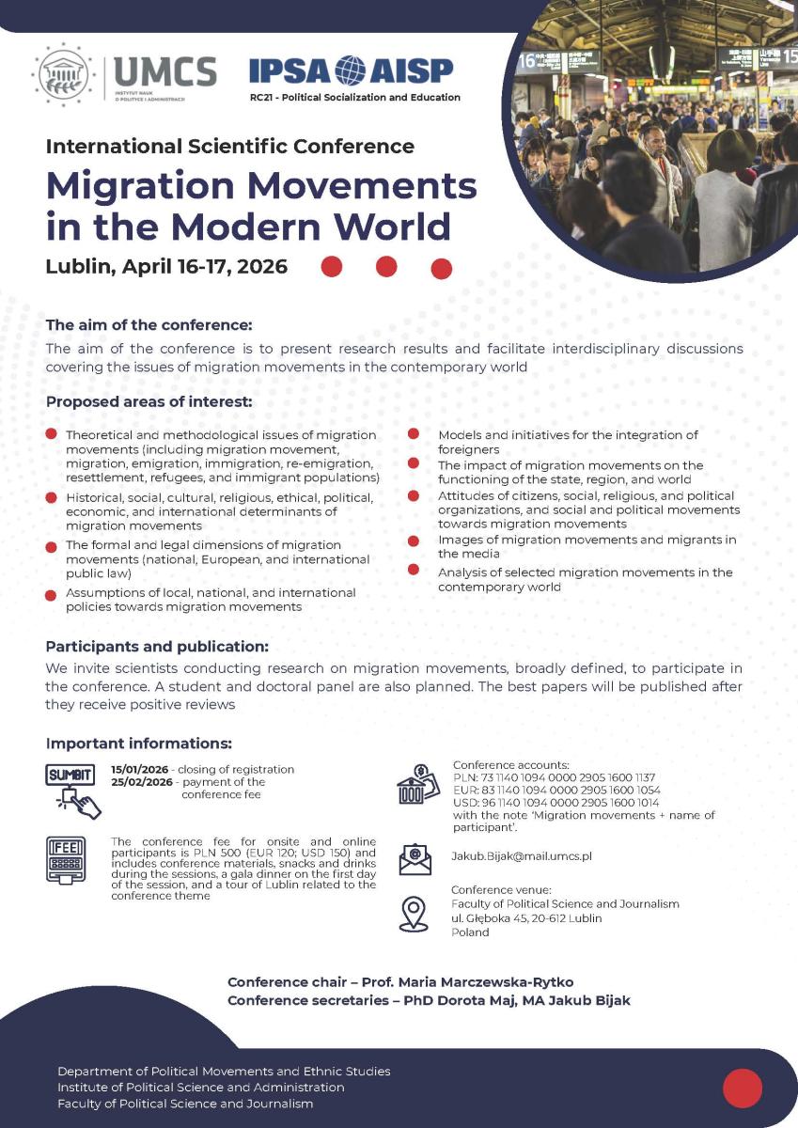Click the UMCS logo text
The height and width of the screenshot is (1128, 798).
pos(164,71)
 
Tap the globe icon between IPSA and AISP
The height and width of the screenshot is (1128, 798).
pos(351,70)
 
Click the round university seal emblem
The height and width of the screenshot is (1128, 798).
pos(63,74)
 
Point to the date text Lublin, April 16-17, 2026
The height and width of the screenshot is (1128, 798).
pos(166,266)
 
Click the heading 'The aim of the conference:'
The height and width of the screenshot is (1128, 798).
pos(149,325)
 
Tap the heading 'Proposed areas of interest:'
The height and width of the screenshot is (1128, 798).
pos(149,402)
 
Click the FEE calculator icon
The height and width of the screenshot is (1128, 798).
pos(66,858)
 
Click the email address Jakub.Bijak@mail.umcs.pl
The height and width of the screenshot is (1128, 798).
pos(522,856)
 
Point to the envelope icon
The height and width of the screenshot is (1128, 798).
pos(415,858)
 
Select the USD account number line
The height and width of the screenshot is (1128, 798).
pos(555,803)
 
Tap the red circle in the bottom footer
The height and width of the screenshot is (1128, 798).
pos(743,1088)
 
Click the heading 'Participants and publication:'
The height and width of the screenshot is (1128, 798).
pos(157,647)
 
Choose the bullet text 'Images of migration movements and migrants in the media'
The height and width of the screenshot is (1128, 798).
pos(587,547)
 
